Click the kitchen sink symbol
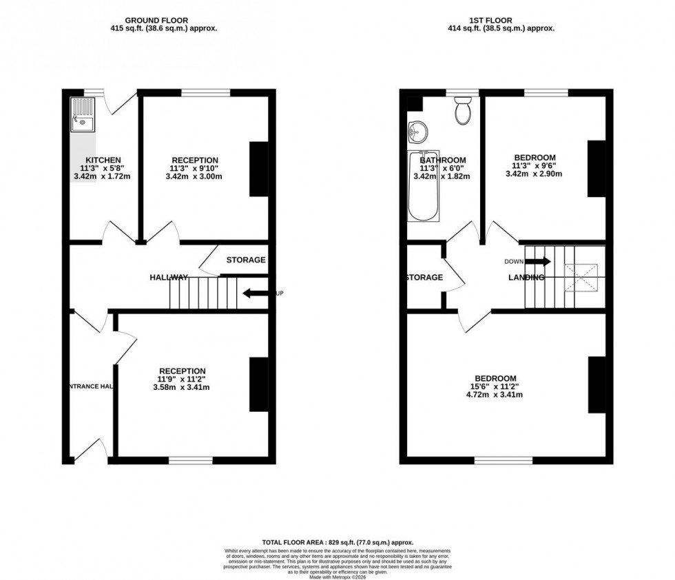pyautogui.click(x=83, y=115)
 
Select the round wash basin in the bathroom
pyautogui.click(x=417, y=130)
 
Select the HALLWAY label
pyautogui.click(x=169, y=278)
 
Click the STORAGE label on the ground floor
pyautogui.click(x=246, y=260)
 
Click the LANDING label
pyautogui.click(x=526, y=278)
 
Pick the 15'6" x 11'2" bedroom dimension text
pyautogui.click(x=496, y=386)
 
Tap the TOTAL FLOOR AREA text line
pyautogui.click(x=337, y=543)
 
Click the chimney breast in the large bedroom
pyautogui.click(x=596, y=384)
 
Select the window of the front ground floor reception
pyautogui.click(x=191, y=459)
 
